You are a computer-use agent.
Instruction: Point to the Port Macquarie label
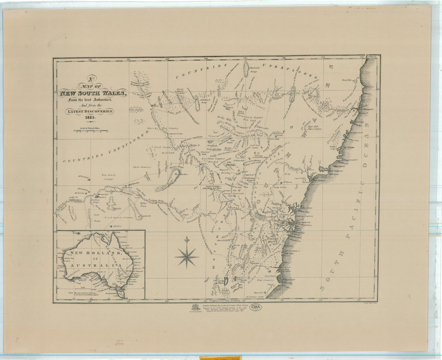point(366,108)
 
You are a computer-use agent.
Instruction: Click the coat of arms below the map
point(193,308)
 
